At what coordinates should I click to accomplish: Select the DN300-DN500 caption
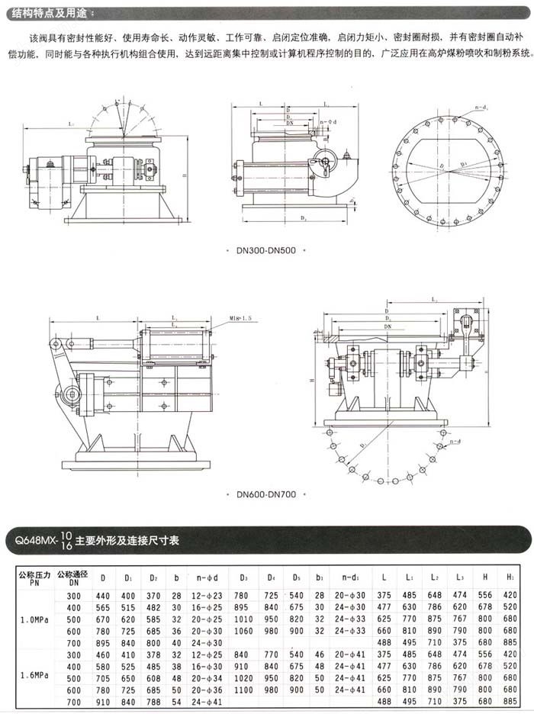pos(266,249)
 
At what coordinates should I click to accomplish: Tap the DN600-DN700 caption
pos(266,494)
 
